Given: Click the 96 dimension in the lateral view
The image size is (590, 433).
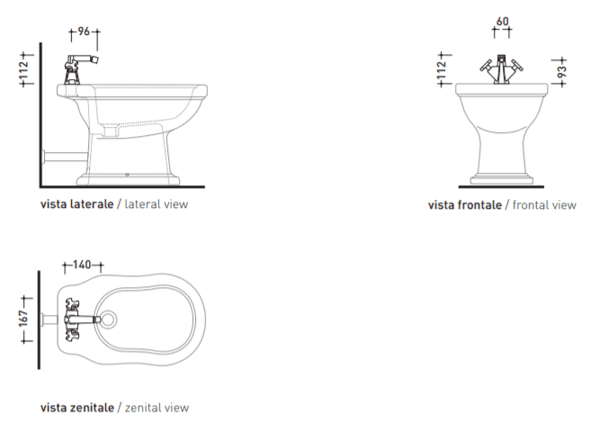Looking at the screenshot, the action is coord(84,32).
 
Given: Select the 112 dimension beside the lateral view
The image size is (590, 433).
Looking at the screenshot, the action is coord(23,70).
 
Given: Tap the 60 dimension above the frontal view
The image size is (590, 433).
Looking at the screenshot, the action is coord(502,22).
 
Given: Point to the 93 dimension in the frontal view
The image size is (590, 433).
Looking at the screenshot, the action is coord(561,71).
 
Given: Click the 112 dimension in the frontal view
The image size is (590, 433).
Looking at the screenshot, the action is coord(442,70).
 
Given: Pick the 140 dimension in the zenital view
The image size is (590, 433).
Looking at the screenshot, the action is coord(82,265).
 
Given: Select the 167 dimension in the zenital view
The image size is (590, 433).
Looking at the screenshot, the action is coord(23,319).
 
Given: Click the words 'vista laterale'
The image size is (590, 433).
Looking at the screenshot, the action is coord(76,204).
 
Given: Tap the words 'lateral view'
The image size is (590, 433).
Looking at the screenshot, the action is coord(156,204).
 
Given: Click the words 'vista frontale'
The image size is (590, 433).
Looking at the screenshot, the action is coord(465,205).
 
